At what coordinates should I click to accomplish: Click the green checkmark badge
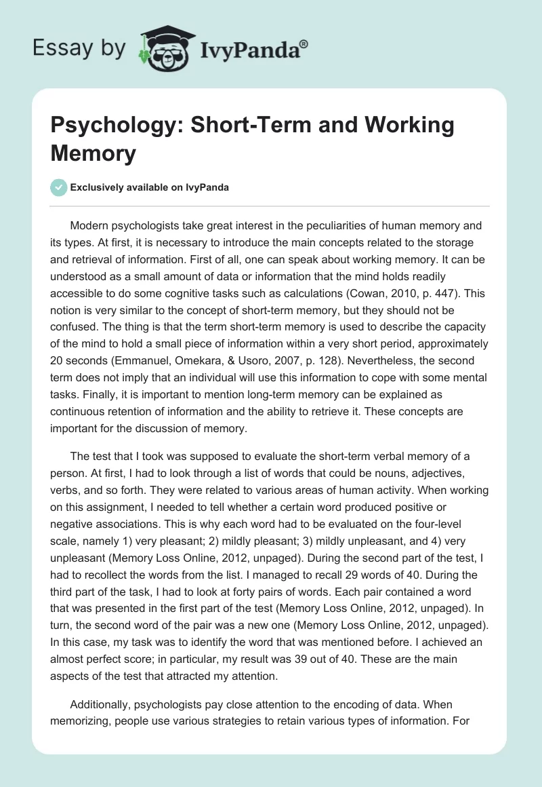(x=59, y=187)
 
